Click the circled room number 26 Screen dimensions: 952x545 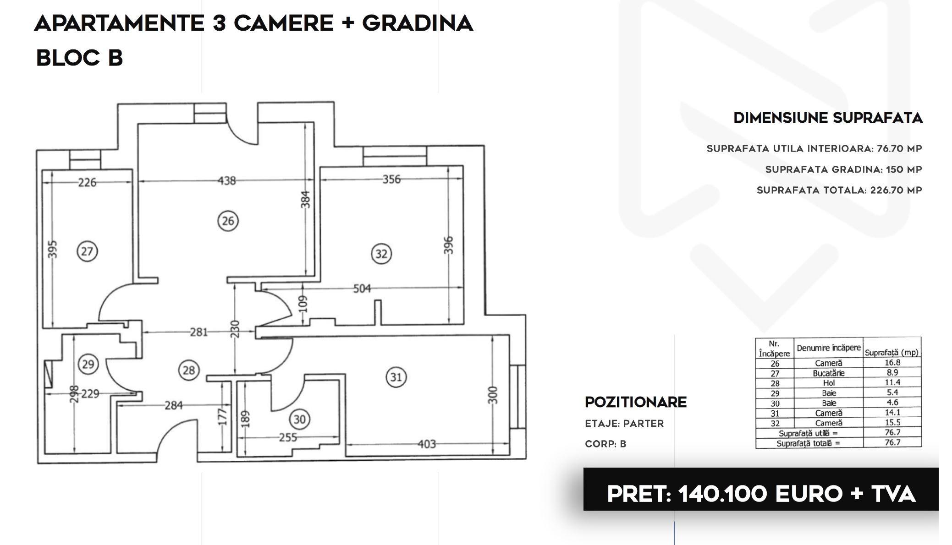[x=228, y=221]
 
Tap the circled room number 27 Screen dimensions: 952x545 [x=87, y=251]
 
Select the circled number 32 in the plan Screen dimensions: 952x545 [x=381, y=254]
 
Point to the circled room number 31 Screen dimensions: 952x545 [x=396, y=377]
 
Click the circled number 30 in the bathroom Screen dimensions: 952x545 [x=299, y=419]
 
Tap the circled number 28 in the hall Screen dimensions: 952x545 [x=189, y=370]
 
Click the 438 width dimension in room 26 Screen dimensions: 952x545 [x=226, y=181]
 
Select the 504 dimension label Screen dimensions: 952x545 [x=362, y=289]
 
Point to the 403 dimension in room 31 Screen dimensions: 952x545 [x=426, y=444]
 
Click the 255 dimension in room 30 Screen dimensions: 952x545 [x=287, y=437]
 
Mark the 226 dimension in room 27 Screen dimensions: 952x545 [x=87, y=182]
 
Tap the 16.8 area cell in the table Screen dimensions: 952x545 [x=892, y=362]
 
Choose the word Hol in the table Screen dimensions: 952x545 [x=829, y=383]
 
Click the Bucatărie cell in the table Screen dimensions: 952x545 [x=829, y=373]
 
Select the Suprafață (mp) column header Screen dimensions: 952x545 [x=892, y=352]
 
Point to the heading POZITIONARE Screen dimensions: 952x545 [x=636, y=402]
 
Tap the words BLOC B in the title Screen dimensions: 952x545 [x=79, y=58]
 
